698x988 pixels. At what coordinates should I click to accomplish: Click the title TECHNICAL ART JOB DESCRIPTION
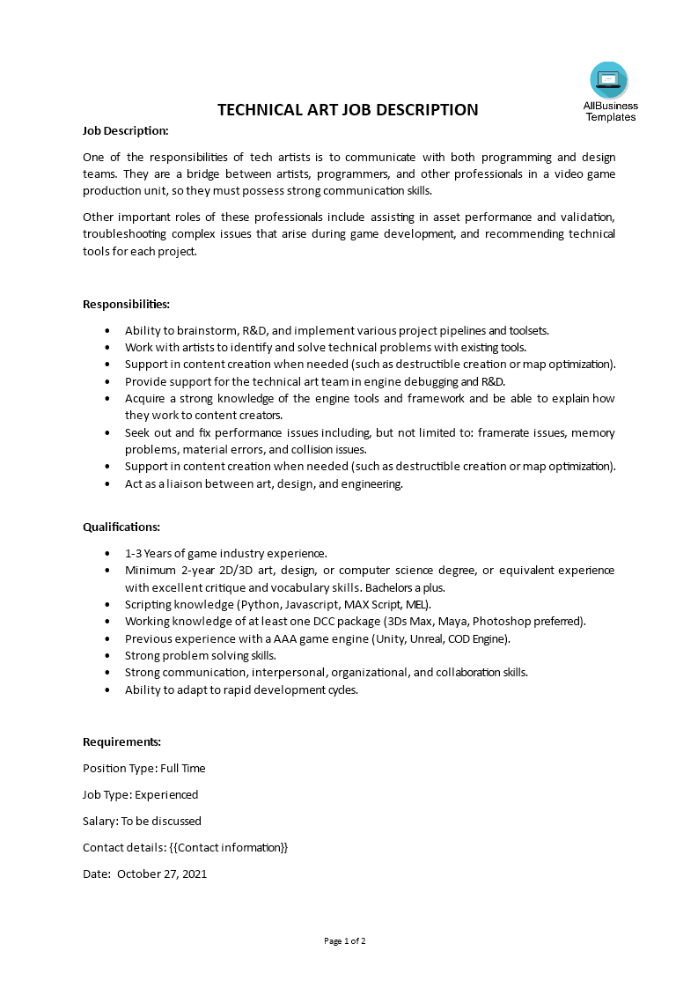348,110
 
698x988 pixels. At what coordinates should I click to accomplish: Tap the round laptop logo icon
609,80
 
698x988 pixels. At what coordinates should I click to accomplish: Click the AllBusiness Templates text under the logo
611,111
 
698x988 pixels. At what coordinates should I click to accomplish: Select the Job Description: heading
125,130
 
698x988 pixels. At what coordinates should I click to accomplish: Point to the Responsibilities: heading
126,304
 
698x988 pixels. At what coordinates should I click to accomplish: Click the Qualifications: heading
121,527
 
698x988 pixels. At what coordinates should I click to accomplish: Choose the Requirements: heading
121,741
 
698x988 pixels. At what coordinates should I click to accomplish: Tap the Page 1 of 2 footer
345,940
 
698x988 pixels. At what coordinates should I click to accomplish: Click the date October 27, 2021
162,874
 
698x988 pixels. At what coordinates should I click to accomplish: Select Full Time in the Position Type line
183,768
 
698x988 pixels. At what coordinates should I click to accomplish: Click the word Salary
99,821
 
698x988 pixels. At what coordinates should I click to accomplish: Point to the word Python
259,604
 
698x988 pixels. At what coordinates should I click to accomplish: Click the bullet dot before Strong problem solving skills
107,655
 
